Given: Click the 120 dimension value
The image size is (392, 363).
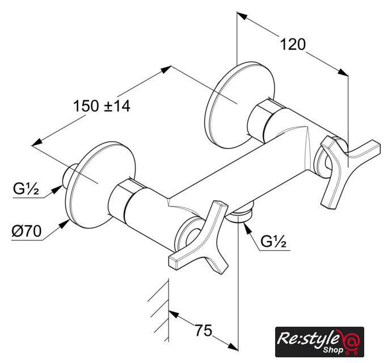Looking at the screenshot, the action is tap(293, 44).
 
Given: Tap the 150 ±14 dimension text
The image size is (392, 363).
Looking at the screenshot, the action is tap(102, 105).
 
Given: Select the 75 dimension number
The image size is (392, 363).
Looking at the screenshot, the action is tap(204, 330).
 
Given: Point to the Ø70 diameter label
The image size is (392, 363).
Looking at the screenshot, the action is tap(27, 231).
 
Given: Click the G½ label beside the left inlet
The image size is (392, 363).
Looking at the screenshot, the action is tap(26, 189).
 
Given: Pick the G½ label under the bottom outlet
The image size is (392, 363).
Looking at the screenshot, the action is tap(273, 241).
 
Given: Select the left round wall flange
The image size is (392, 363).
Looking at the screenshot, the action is tap(100, 185).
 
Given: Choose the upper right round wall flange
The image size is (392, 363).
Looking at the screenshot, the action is tap(240, 104).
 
